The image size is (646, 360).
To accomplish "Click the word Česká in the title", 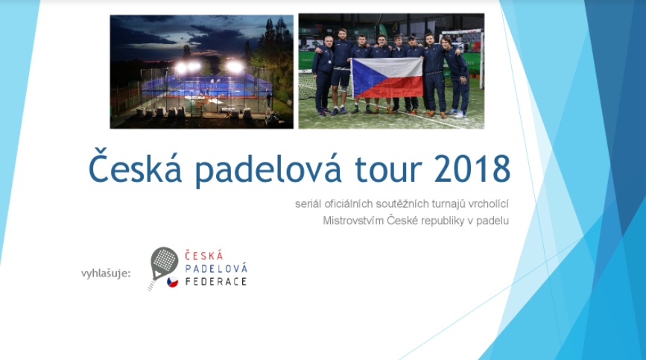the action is tap(135, 165).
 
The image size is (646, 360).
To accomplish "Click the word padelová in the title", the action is tap(268, 169).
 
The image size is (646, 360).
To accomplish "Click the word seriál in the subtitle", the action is tap(308, 204).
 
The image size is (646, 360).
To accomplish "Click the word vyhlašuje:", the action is tap(106, 274).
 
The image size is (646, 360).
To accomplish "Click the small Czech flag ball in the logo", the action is tap(173, 282).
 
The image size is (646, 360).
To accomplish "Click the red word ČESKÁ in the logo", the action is tap(204, 256).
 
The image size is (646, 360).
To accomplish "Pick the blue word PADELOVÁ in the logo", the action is tap(216, 268).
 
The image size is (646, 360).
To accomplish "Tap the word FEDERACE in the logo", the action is tap(216, 282).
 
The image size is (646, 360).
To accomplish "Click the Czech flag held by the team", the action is tap(387, 78).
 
